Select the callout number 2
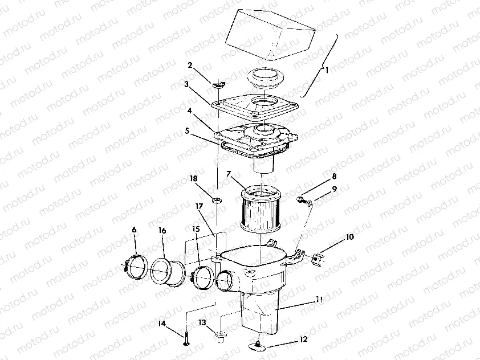(x=190, y=65)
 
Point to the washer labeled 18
(x=217, y=201)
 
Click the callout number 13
(x=202, y=322)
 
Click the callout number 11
(x=319, y=299)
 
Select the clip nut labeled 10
(x=318, y=259)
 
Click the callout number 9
(x=334, y=189)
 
